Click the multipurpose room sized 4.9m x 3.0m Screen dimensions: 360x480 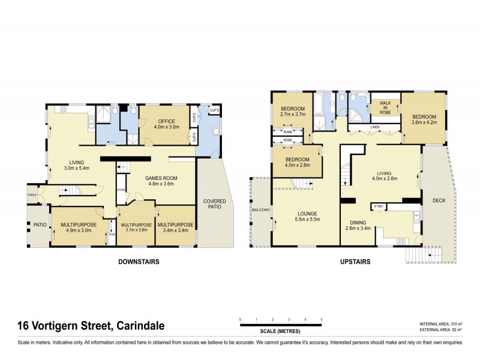(x=76, y=227)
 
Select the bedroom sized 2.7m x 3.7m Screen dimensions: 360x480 (x=293, y=110)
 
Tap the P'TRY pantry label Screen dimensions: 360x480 (x=378, y=207)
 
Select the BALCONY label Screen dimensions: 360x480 (x=260, y=209)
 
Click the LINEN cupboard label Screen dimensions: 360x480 (x=374, y=127)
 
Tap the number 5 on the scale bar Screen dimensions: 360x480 (x=322, y=319)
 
